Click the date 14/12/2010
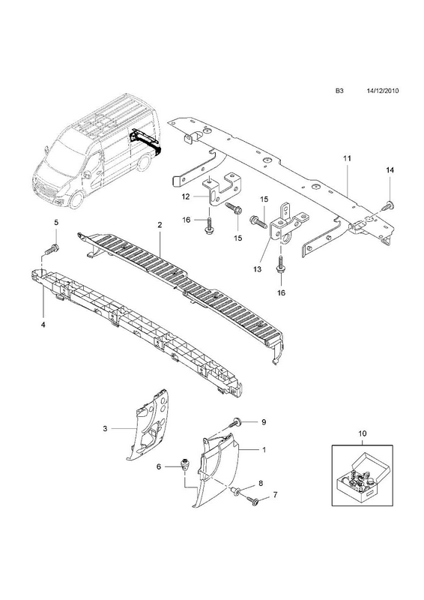click(382, 91)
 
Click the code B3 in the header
click(339, 91)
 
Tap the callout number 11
click(347, 158)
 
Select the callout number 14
click(390, 170)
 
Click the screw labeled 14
click(389, 205)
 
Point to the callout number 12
click(186, 196)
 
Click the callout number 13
click(257, 269)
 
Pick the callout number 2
click(160, 225)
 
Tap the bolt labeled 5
click(52, 250)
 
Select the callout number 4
click(43, 325)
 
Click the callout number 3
click(105, 428)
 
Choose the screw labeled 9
click(235, 423)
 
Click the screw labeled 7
click(253, 499)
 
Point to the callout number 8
click(261, 483)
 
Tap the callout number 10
click(362, 433)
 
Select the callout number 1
click(264, 449)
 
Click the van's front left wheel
click(76, 199)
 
